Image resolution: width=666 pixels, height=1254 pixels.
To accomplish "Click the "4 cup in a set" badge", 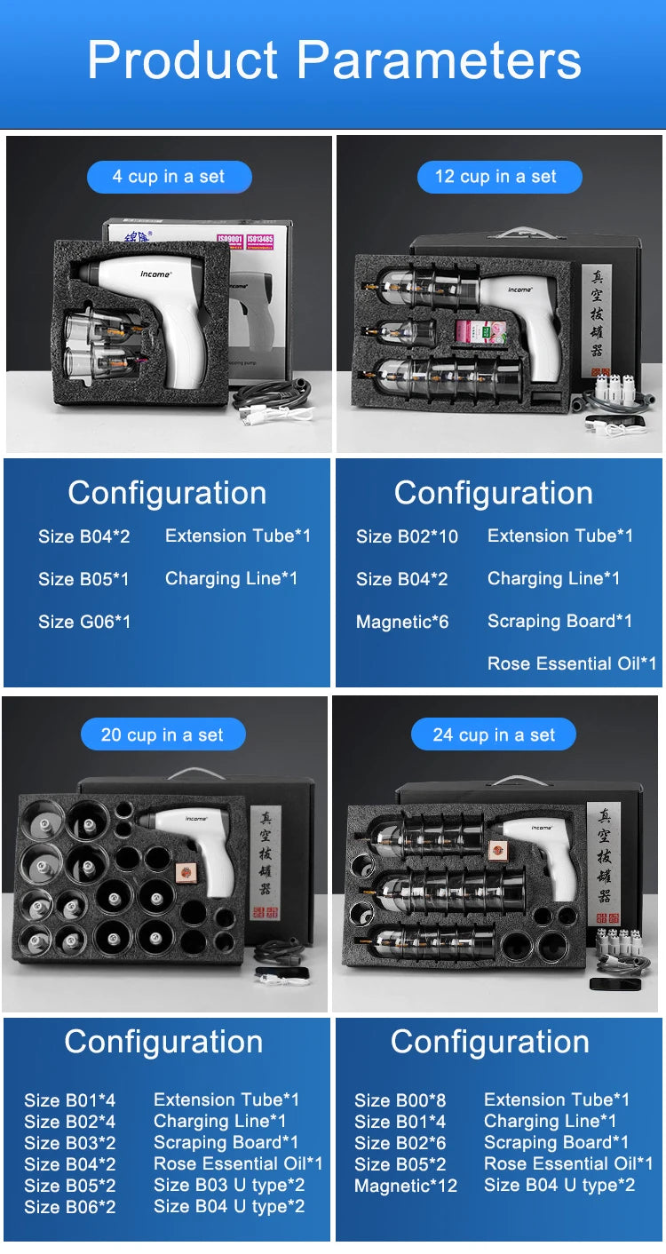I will tap(169, 177).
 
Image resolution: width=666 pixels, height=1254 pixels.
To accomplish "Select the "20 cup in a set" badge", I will tap(163, 734).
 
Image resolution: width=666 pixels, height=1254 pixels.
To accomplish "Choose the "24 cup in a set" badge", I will tap(494, 734).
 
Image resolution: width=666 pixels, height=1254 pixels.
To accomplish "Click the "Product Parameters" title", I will tap(334, 60).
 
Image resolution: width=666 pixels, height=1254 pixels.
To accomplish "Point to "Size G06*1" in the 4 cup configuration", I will tap(84, 622).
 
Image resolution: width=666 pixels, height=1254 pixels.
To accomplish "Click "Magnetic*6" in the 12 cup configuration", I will tap(402, 622).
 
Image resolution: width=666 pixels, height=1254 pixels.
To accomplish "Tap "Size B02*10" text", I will tap(407, 536).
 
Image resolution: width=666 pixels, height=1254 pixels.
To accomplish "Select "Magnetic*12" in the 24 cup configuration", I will tap(406, 1186).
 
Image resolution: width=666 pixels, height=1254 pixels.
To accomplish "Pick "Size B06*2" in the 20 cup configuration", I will tap(69, 1207).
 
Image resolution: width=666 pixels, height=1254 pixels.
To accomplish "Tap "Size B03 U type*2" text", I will tap(229, 1185).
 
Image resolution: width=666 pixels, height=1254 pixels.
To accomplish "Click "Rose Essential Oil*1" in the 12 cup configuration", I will tap(572, 663).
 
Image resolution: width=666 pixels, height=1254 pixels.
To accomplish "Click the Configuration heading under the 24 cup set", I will tap(490, 1042).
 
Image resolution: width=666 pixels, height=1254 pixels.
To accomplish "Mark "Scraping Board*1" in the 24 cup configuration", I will tap(556, 1142).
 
